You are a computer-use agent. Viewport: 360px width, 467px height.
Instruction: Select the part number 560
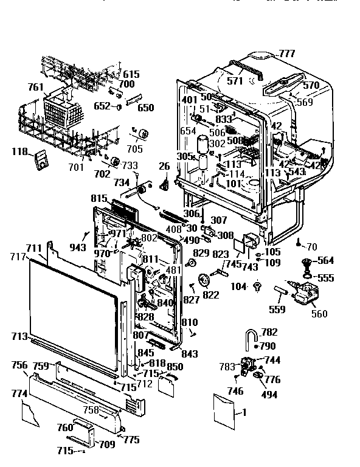pos(319,314)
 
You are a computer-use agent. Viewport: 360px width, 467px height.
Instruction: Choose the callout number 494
pos(268,395)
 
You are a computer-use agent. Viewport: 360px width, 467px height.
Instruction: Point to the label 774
pos(19,394)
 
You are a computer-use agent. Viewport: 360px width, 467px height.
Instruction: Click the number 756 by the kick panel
pos(20,365)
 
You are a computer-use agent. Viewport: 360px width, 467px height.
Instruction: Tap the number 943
pos(78,247)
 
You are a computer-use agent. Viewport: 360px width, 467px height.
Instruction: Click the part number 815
pos(99,199)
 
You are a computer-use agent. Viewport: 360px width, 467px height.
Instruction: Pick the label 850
pos(175,367)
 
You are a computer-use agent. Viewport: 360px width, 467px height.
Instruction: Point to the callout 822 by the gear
pos(210,295)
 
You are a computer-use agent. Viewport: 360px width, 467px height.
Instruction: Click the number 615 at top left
pos(131,74)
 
